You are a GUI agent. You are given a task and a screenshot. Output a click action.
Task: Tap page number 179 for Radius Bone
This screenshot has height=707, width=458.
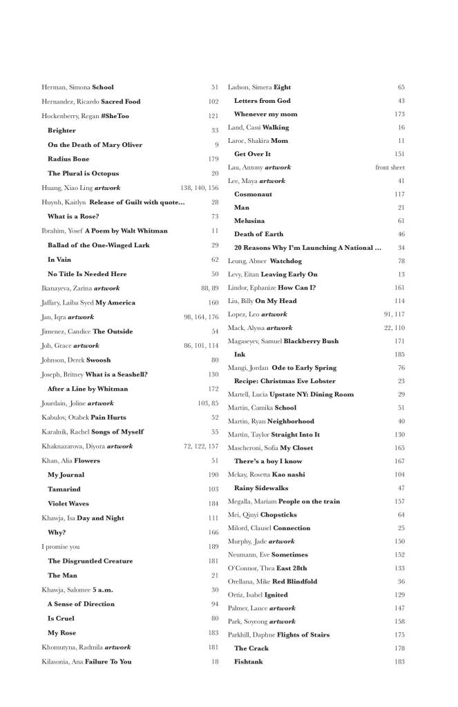(x=213, y=159)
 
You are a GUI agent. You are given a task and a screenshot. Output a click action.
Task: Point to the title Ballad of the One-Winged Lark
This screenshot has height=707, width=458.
(x=98, y=245)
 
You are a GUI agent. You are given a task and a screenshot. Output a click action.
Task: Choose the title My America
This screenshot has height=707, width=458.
(x=115, y=302)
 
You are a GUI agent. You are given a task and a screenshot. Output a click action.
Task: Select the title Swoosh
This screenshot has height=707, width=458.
(x=99, y=360)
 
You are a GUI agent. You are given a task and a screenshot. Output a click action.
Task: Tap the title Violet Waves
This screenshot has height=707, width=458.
(x=68, y=503)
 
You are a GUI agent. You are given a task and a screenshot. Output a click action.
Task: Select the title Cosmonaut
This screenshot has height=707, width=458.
(x=253, y=194)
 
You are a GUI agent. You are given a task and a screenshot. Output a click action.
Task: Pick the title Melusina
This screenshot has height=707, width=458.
(x=249, y=220)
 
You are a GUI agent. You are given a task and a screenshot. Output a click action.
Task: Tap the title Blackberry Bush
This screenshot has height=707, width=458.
(x=311, y=341)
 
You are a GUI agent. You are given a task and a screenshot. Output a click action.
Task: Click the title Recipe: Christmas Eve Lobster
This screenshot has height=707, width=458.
(x=285, y=381)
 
